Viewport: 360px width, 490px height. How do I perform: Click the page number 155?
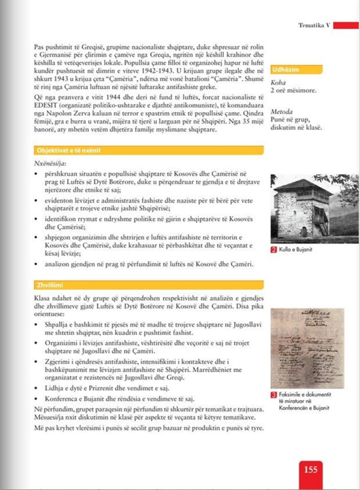click(x=311, y=469)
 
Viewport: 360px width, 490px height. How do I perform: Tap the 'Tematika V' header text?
click(x=315, y=25)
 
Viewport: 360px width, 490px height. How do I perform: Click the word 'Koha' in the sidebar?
click(x=278, y=82)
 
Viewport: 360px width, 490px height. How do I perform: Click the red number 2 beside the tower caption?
click(x=273, y=249)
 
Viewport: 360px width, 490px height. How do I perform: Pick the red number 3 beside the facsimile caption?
click(x=273, y=395)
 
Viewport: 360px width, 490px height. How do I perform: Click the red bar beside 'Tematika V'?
click(x=346, y=25)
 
